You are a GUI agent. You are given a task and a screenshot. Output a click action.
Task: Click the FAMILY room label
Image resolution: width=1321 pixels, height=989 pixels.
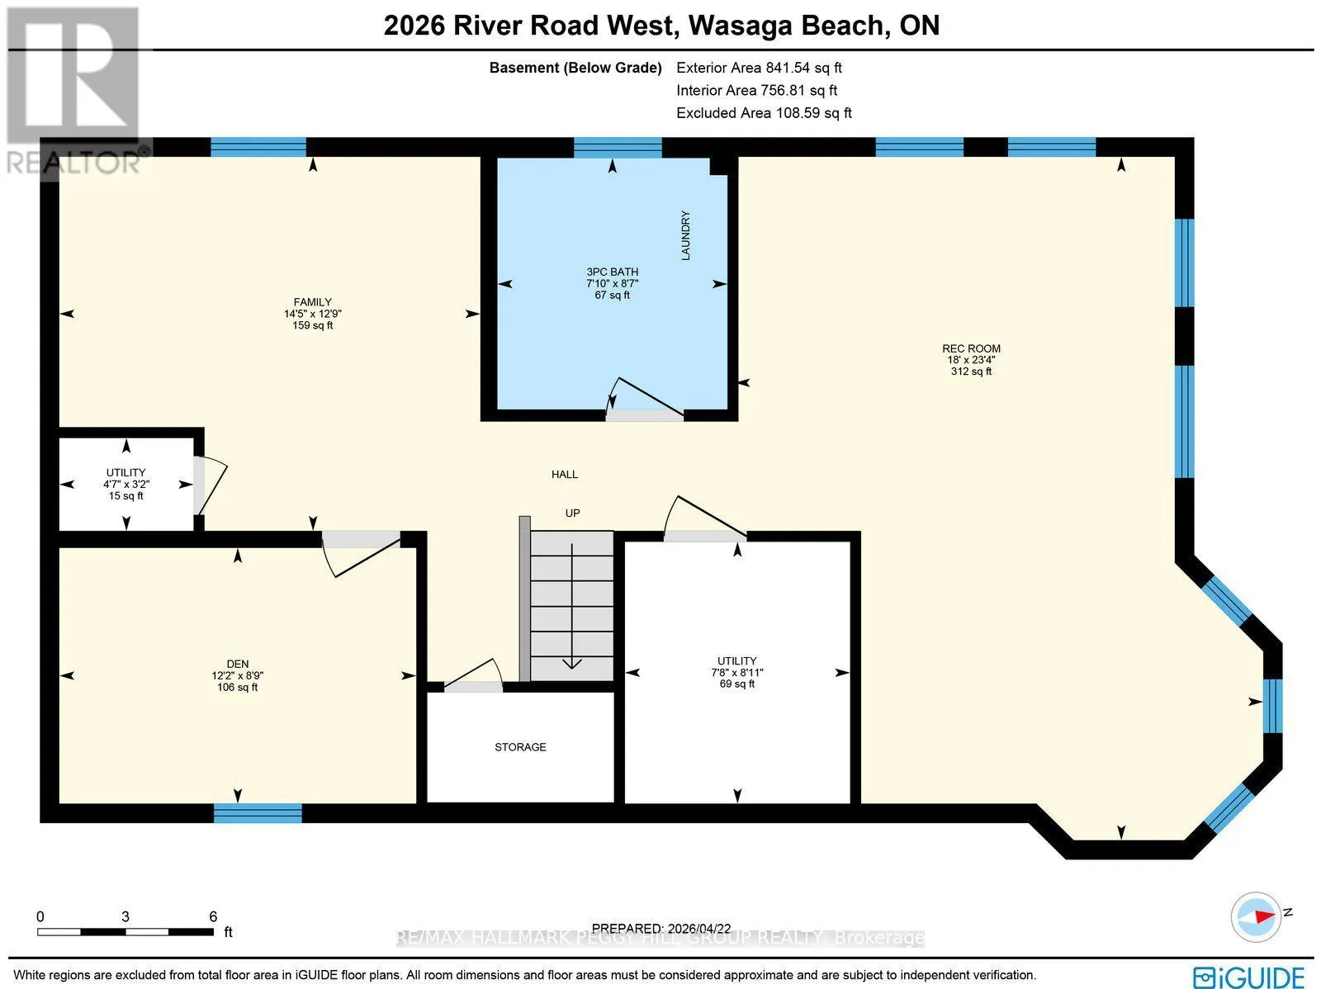pos(312,302)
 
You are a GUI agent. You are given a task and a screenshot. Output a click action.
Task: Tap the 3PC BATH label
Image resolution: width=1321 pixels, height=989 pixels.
pos(612,272)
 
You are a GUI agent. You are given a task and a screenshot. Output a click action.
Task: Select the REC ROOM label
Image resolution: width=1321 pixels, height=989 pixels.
pos(971,348)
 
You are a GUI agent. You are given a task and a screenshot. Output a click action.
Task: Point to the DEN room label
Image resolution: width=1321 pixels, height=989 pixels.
pos(237,664)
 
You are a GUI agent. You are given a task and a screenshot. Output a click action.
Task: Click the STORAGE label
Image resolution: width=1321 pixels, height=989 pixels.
pos(520,747)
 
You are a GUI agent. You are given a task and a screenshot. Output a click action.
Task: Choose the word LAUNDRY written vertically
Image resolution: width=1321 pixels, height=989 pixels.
pos(685,235)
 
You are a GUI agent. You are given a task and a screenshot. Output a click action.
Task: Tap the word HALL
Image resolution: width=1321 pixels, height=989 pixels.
pos(565,475)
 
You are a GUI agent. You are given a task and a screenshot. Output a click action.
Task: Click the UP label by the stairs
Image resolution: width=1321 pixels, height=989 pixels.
pos(572,513)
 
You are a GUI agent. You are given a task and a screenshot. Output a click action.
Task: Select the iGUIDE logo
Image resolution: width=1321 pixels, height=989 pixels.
pos(1249,977)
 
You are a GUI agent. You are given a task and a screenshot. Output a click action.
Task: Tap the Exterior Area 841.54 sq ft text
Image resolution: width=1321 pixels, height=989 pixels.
pos(759,68)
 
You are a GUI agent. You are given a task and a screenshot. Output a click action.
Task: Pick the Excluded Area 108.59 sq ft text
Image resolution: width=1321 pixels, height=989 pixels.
pos(764,113)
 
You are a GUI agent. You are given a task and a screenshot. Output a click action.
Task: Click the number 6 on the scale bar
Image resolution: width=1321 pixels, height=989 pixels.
pos(213,916)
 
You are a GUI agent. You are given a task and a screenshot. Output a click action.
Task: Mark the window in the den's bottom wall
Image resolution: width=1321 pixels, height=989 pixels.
pos(258,812)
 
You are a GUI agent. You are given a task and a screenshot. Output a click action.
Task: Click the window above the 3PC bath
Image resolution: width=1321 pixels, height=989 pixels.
pos(618,148)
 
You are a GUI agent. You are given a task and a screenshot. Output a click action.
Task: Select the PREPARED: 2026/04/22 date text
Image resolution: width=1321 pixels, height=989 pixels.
pos(660,929)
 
